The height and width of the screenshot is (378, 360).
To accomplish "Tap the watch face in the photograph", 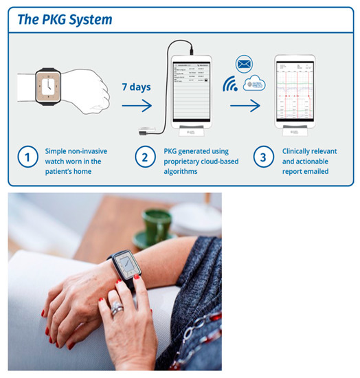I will [127, 267].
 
